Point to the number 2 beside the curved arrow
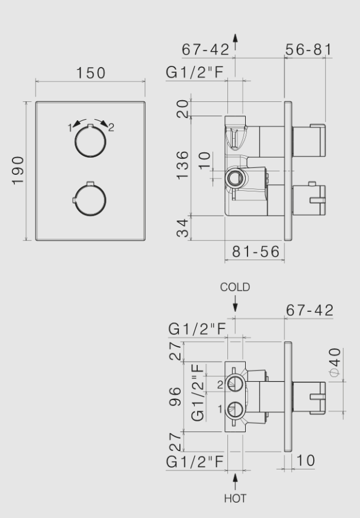111,127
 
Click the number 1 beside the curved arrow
69,127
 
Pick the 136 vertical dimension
184,165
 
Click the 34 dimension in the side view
184,228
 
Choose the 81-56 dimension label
255,252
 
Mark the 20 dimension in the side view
184,109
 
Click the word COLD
235,287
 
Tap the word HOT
235,499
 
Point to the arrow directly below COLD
235,305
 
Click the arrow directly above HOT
235,478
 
